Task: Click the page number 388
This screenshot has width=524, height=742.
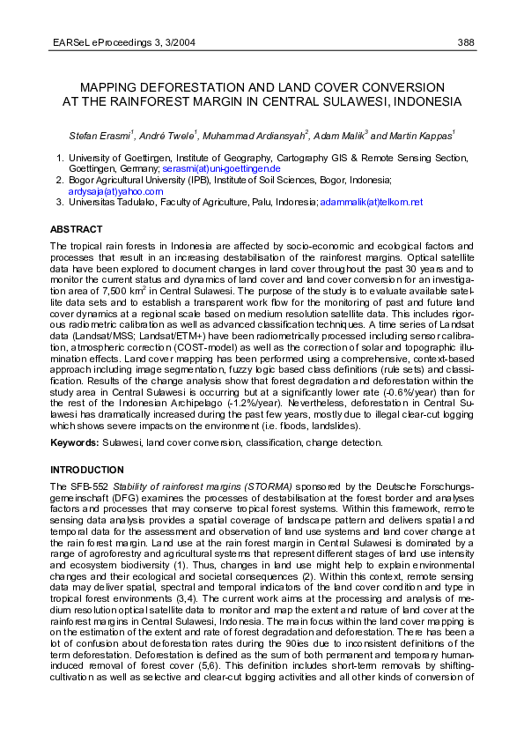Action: pyautogui.click(x=466, y=41)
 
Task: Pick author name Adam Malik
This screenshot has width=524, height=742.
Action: pyautogui.click(x=338, y=136)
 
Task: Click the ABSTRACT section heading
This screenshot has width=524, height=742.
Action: pyautogui.click(x=76, y=229)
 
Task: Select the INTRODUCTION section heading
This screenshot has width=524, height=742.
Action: pyautogui.click(x=87, y=469)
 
